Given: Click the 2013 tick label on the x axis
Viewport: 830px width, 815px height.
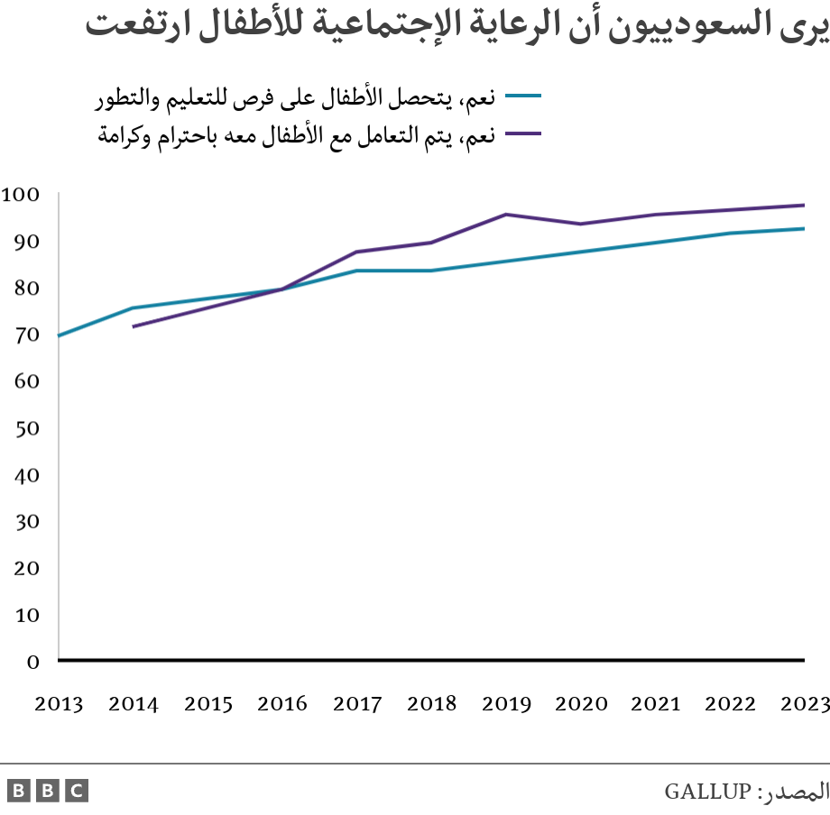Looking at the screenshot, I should (x=59, y=704).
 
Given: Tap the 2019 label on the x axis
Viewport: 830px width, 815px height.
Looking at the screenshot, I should (x=506, y=704).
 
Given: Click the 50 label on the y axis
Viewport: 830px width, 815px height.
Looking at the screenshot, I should (x=27, y=427).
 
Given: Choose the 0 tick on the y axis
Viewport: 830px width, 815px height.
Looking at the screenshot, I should (x=32, y=661).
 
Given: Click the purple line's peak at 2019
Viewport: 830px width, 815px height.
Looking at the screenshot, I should (x=506, y=215).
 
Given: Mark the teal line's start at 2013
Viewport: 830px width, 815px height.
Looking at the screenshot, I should (x=60, y=335).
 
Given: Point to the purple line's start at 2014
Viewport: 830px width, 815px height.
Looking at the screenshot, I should (x=134, y=326).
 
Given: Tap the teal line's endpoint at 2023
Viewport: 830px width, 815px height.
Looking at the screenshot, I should (x=803, y=228).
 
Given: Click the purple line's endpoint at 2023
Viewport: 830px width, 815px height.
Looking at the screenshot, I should (x=803, y=205).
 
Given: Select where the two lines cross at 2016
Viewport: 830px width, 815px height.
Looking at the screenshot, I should (x=282, y=288).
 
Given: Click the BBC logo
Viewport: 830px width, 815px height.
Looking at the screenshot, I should (x=48, y=791).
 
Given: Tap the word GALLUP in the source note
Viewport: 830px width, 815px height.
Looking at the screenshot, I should (x=706, y=792).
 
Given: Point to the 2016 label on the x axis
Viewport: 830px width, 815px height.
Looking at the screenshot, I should (x=282, y=704).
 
